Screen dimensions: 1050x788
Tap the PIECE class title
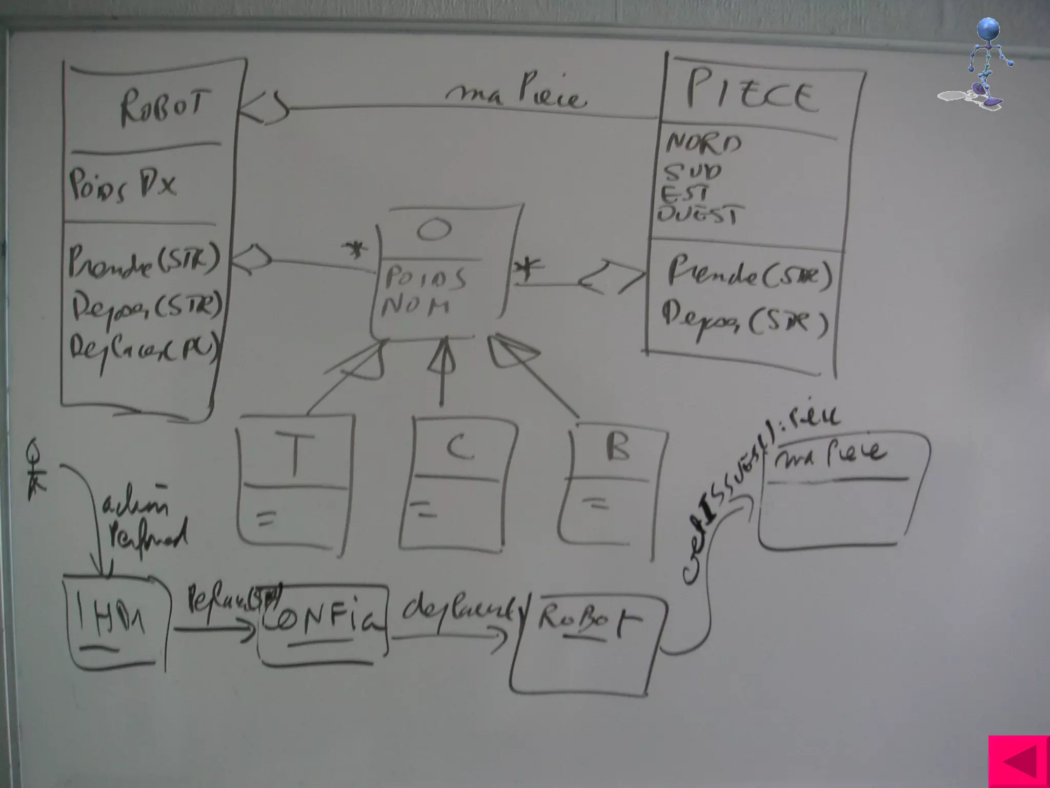click(751, 94)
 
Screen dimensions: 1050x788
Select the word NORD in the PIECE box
click(703, 143)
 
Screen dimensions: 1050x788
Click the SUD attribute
click(692, 171)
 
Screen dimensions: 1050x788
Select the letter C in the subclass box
click(459, 447)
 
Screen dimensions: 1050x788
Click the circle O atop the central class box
click(434, 230)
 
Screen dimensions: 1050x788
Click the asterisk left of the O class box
click(355, 251)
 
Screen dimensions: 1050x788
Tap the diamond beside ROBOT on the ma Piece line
click(264, 108)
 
